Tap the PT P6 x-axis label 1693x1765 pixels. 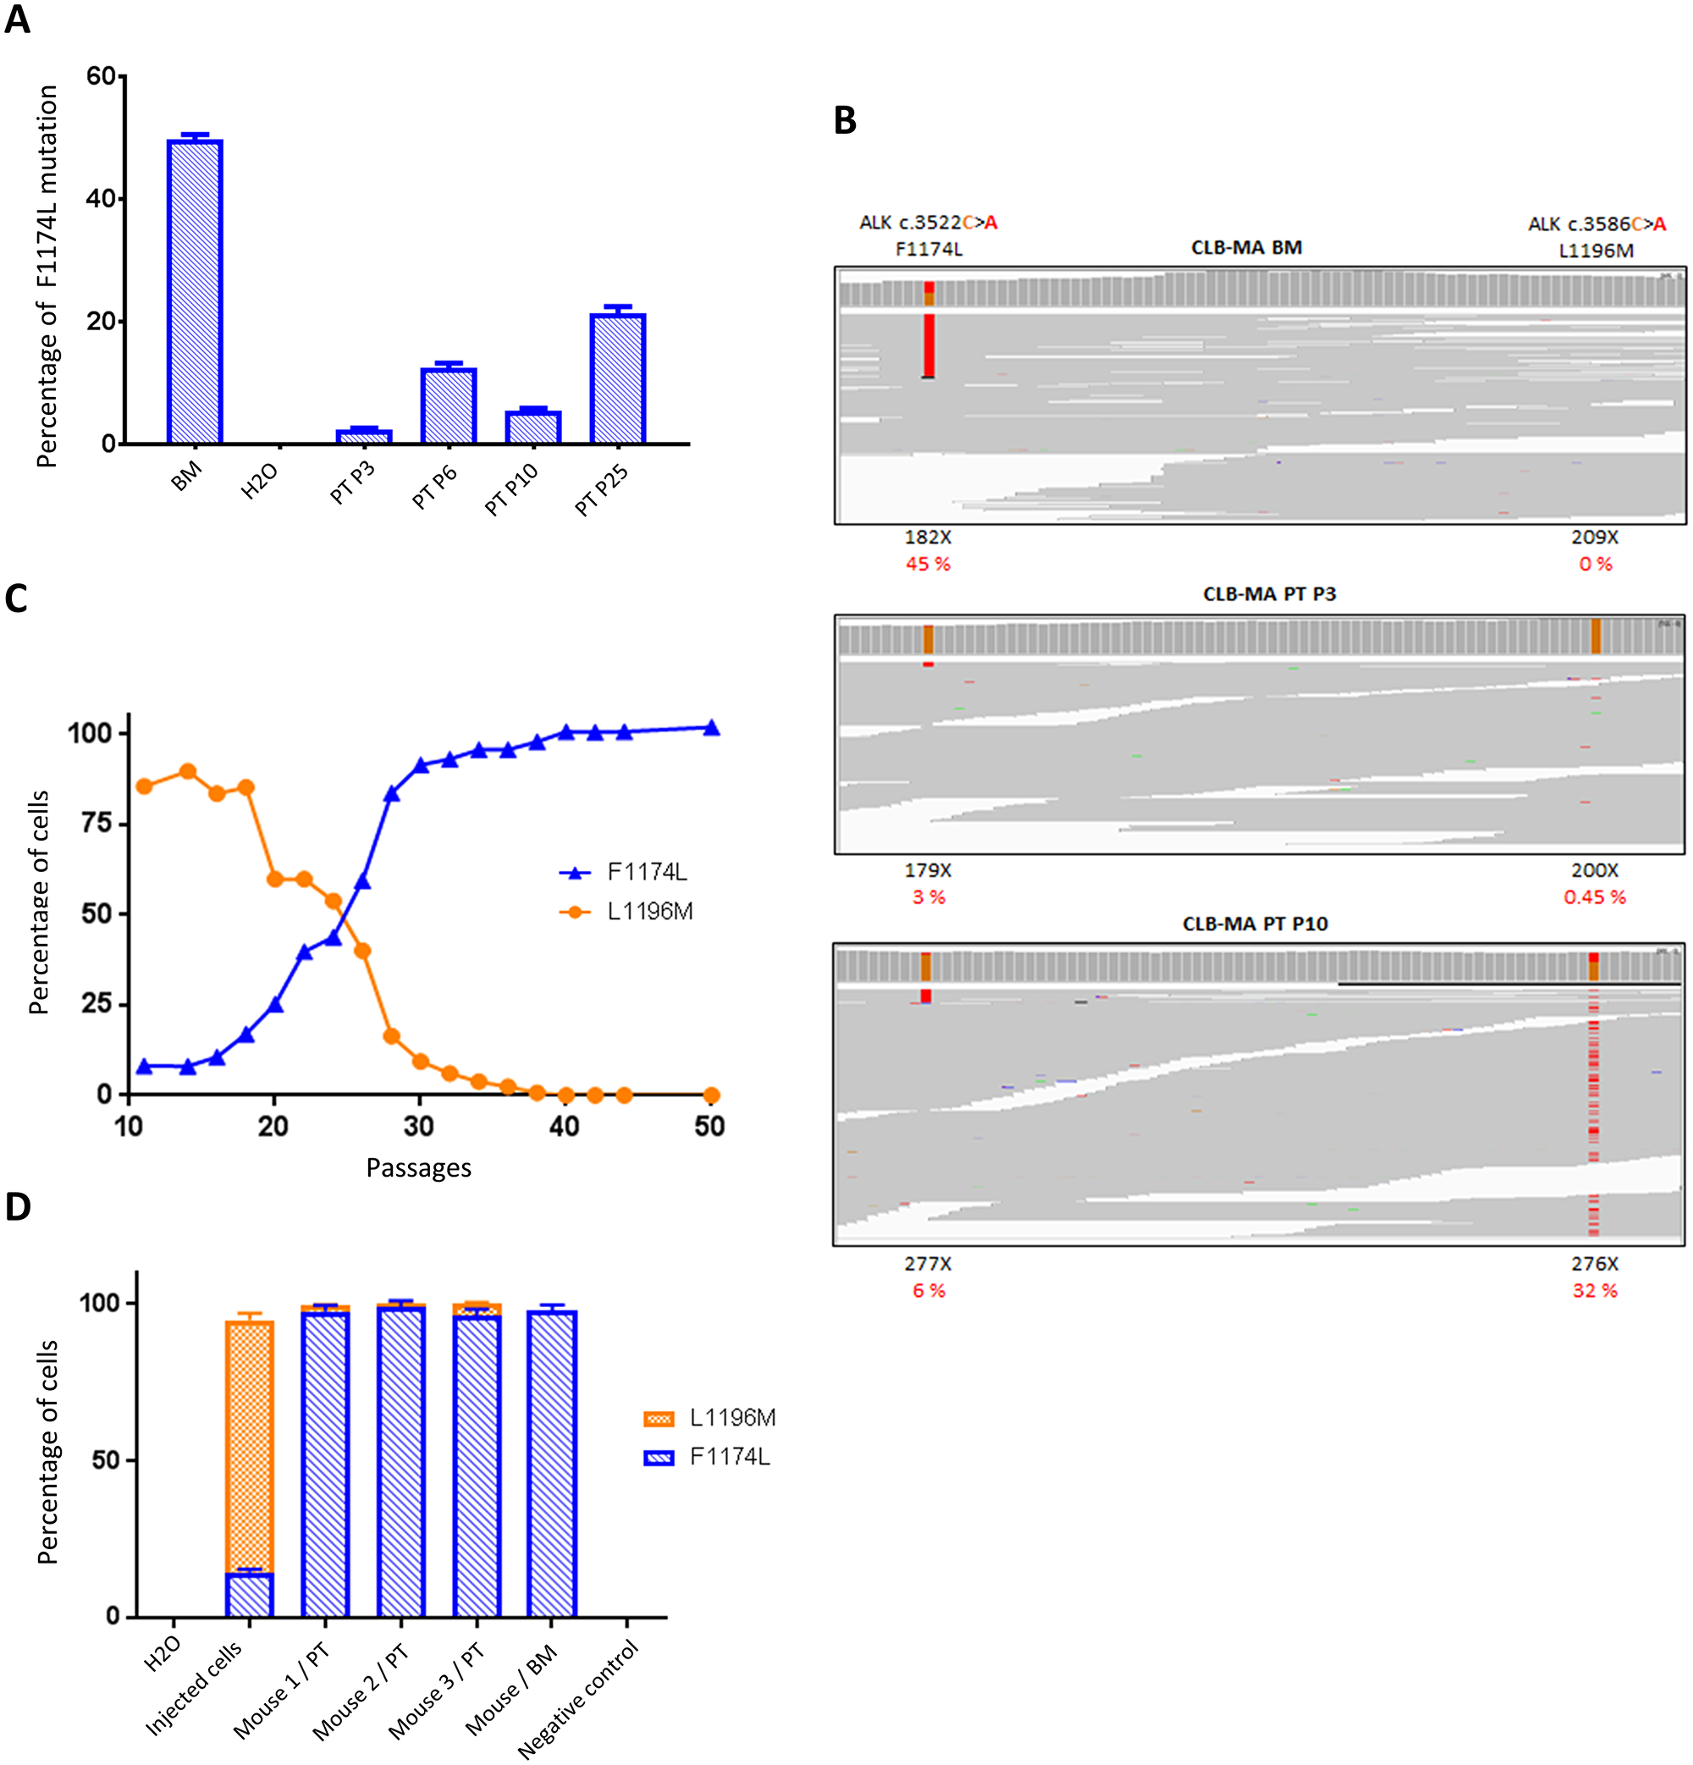pos(435,488)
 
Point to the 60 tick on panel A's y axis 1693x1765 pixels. pos(101,76)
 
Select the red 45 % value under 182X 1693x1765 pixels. pos(928,564)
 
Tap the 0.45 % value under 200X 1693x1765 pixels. pos(1594,897)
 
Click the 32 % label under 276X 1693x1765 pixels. pos(1594,1290)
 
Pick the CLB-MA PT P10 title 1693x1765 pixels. pos(1255,924)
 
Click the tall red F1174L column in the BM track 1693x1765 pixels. pos(929,344)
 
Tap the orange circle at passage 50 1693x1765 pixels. pos(710,1095)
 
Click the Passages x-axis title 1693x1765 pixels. pos(418,1168)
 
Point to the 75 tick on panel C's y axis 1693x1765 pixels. pos(96,823)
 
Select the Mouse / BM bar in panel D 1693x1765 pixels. pos(552,1464)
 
